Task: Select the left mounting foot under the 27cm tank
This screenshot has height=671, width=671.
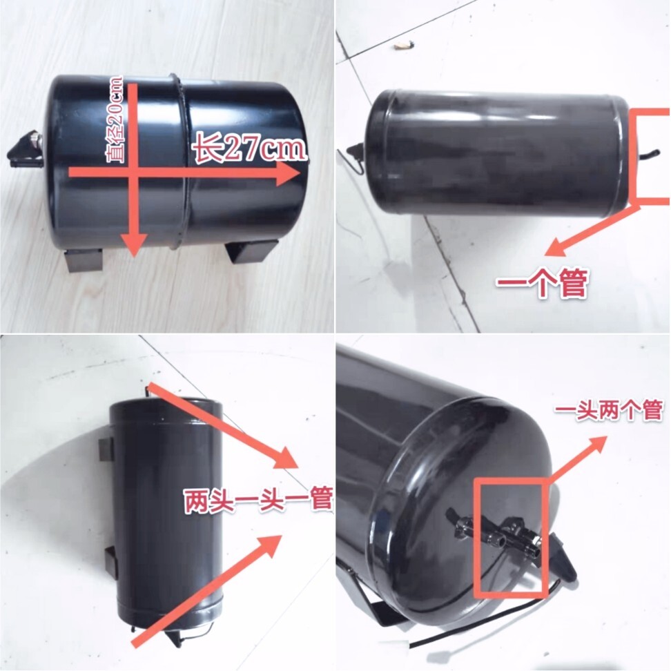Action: pyautogui.click(x=84, y=260)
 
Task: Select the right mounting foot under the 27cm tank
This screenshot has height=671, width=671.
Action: pyautogui.click(x=252, y=251)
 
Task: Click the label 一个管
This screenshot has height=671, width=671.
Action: pyautogui.click(x=542, y=282)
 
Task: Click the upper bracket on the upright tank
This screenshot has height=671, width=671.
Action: pyautogui.click(x=104, y=447)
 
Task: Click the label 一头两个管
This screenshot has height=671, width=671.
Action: pyautogui.click(x=609, y=411)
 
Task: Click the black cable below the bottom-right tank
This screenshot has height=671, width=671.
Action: pyautogui.click(x=483, y=621)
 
